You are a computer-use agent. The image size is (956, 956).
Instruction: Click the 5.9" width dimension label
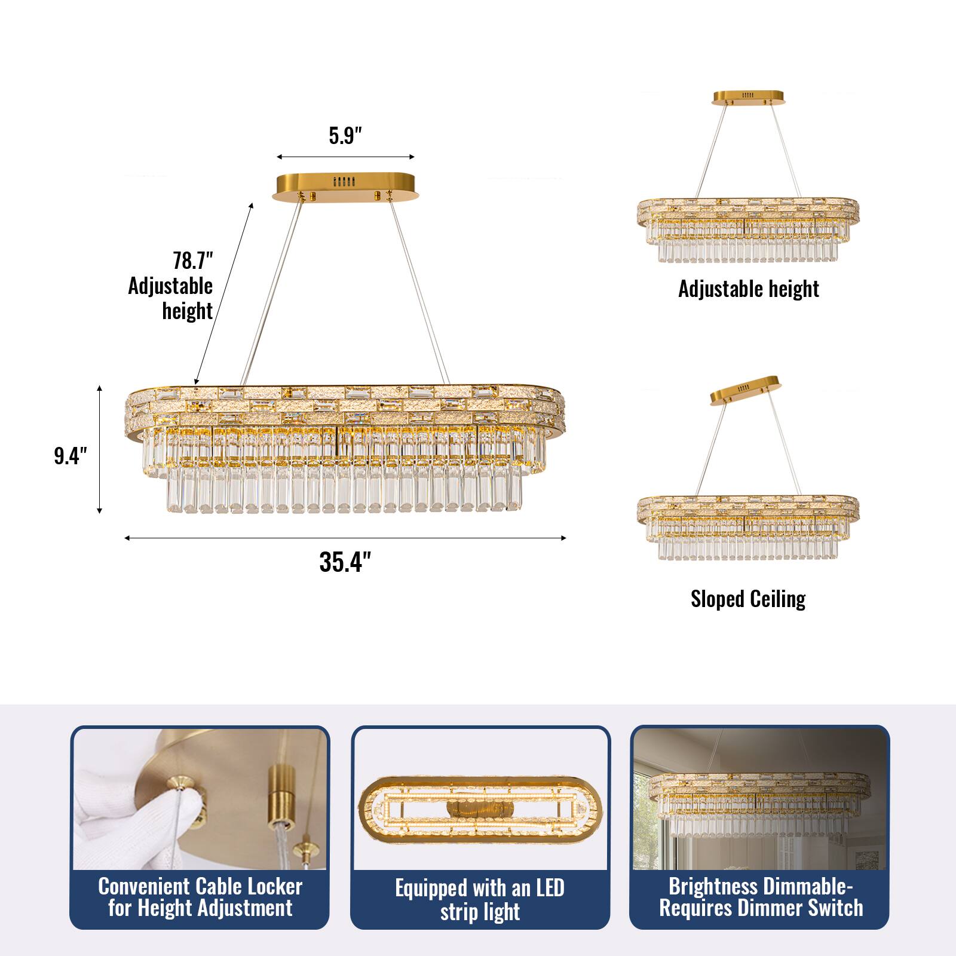click(x=346, y=136)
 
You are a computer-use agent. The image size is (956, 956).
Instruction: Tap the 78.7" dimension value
click(x=193, y=261)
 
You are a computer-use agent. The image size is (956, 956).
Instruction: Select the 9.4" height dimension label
click(x=71, y=456)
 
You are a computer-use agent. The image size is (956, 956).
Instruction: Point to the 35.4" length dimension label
click(x=345, y=562)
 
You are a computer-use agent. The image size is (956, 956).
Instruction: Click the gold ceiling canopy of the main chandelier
click(x=345, y=188)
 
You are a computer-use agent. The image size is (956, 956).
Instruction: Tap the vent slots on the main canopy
click(x=344, y=182)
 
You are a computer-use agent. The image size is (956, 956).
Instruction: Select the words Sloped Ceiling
click(x=748, y=599)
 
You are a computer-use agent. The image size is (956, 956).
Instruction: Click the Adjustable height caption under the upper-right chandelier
click(x=749, y=289)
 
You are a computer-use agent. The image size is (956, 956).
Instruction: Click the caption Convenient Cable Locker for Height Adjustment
click(x=200, y=897)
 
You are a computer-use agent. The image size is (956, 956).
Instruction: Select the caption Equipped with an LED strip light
click(x=480, y=900)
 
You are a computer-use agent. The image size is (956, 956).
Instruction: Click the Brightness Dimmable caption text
click(x=761, y=897)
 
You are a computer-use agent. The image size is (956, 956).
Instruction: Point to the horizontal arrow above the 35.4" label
click(x=345, y=538)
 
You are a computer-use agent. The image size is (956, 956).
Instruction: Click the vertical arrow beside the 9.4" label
click(x=100, y=450)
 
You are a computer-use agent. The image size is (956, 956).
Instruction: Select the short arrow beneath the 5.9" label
click(x=345, y=157)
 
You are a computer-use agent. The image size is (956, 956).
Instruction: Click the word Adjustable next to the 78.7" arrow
click(x=170, y=286)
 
